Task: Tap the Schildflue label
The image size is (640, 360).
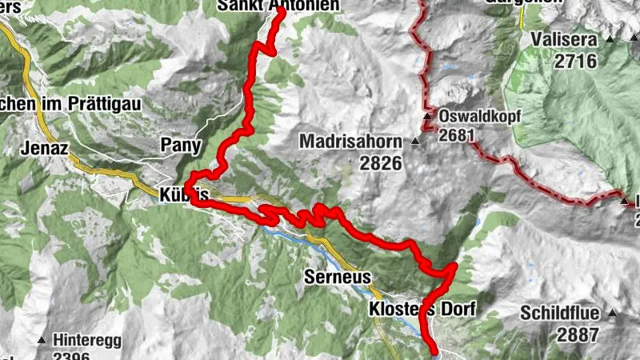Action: [x=564, y=313]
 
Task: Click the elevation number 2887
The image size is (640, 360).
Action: [x=574, y=334]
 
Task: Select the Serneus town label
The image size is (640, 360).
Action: [x=338, y=278]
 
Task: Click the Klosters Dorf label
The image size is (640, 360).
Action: [x=422, y=309]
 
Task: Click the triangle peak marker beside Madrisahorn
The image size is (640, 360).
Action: [x=414, y=142]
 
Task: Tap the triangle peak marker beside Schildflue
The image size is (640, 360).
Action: [x=613, y=313]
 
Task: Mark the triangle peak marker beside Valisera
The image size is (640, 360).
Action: [x=610, y=39]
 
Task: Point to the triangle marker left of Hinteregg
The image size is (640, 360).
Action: [x=41, y=340]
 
